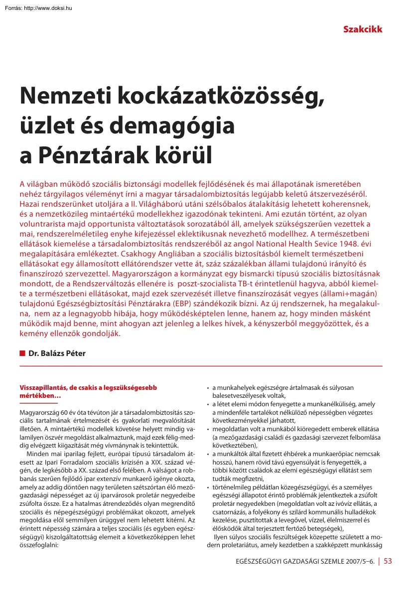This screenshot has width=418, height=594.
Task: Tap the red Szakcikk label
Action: point(362,29)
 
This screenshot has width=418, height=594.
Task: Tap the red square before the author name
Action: point(22,354)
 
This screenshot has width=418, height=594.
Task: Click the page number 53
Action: point(388,575)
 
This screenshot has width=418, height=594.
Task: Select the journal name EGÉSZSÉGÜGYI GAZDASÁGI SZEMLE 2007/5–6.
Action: point(305,576)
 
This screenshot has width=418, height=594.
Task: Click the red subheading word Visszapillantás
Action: point(43,387)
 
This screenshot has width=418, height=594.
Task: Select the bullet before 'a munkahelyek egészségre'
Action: point(207,388)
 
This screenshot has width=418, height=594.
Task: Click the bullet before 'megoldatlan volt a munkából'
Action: point(207,429)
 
